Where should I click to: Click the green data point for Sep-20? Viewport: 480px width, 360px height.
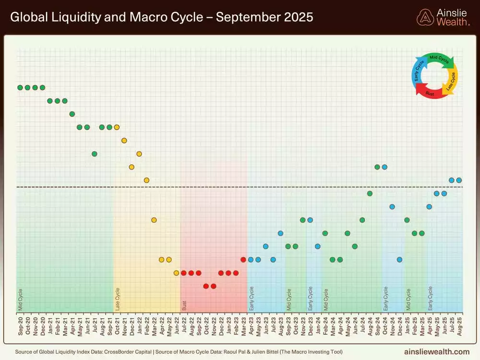point(20,87)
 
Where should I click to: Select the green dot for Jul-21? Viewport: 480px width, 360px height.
point(95,154)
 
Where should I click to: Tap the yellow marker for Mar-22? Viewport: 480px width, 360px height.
point(154,220)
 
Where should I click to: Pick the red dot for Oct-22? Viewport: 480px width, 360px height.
point(206,286)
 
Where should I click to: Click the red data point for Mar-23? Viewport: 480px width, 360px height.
point(243,260)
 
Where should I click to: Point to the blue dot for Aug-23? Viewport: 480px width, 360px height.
point(280,233)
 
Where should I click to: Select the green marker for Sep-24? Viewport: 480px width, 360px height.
point(377,167)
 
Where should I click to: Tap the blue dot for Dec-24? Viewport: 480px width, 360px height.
point(399,260)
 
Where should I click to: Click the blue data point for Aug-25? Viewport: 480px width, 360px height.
point(459,180)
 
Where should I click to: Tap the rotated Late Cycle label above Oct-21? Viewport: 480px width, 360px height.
point(118,299)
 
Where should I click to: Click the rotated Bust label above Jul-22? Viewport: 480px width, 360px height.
point(184,306)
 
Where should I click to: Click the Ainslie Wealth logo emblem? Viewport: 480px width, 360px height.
point(425,17)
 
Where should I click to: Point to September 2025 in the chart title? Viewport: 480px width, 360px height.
point(264,18)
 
